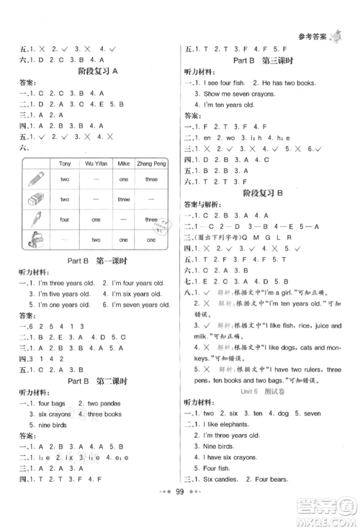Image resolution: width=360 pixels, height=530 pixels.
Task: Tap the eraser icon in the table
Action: (x=37, y=199)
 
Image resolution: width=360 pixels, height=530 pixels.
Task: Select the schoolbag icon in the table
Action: (x=37, y=240)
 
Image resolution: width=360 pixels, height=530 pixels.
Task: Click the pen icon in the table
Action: (x=37, y=220)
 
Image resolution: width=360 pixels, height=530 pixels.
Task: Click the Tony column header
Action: (x=65, y=163)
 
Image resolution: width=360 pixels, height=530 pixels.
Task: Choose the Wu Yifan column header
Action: (x=96, y=163)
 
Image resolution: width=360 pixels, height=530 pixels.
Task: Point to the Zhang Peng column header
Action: (x=150, y=163)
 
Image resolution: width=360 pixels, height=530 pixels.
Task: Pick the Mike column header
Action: (x=123, y=163)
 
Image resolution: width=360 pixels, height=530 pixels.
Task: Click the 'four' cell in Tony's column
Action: (x=65, y=220)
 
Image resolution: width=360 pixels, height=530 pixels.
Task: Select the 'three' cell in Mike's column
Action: (x=123, y=199)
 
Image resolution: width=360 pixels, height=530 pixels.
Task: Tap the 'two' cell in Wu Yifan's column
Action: (x=96, y=240)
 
